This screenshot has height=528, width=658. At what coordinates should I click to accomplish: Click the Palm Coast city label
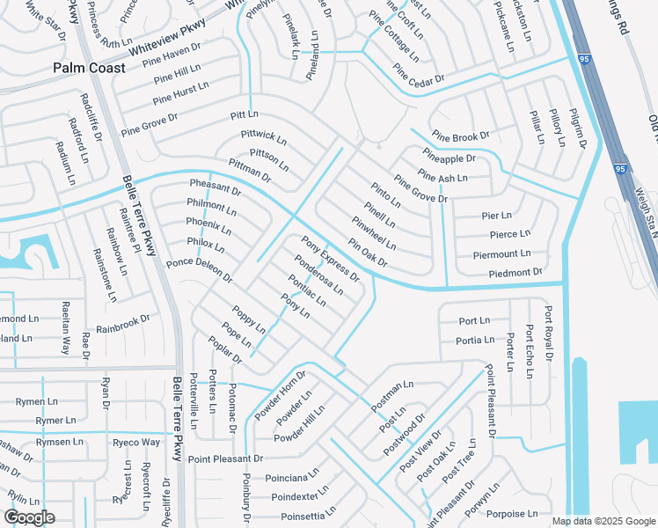pos(88,67)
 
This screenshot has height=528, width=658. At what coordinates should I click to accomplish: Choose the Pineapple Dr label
pos(448,158)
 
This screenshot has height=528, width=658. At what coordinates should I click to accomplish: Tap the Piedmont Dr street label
pos(515,273)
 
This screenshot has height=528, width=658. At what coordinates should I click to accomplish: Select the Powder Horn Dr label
pos(279,390)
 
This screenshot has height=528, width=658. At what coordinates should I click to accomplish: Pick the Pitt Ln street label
pos(244,114)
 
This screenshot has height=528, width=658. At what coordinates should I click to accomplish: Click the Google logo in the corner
pos(30,517)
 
